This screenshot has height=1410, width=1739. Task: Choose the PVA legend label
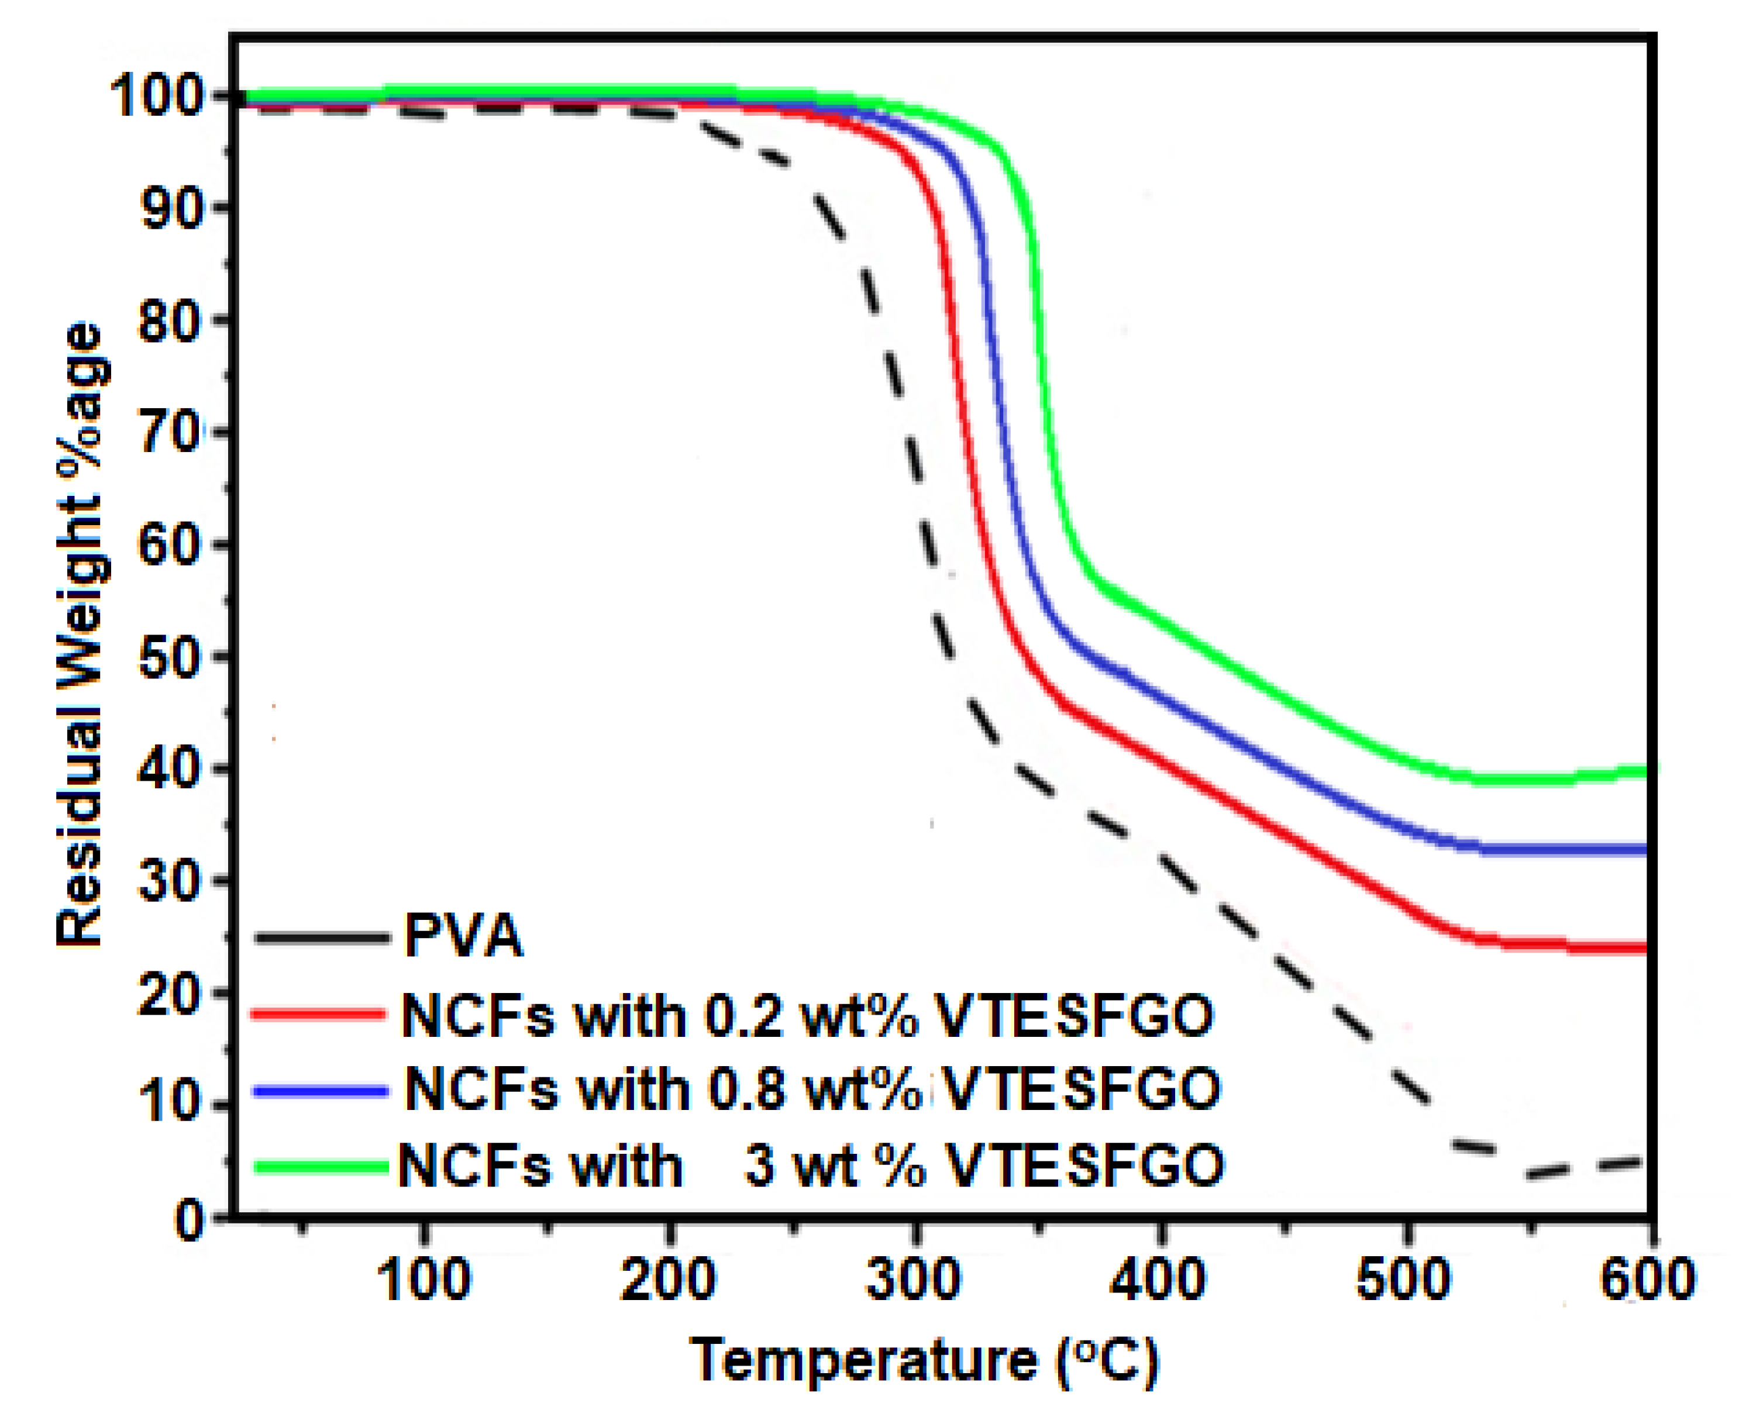[x=464, y=936]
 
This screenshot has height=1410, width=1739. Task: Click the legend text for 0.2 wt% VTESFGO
[x=807, y=1016]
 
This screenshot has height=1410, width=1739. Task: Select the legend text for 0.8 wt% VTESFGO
[x=812, y=1089]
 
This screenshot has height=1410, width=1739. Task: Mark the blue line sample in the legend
[x=320, y=1091]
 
